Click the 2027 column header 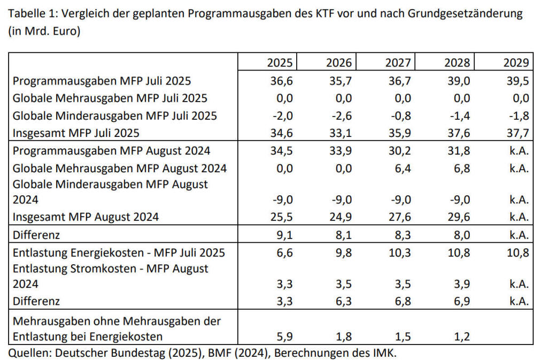pos(398,63)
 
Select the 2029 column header pos(516,63)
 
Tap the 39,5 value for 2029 pos(517,81)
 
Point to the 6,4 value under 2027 pos(400,168)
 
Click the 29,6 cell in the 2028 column pos(459,217)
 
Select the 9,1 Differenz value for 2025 pos(282,234)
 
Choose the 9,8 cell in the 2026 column pos(341,252)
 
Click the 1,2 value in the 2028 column pos(460,336)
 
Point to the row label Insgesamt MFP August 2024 pos(86,217)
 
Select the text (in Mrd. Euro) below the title pos(44,31)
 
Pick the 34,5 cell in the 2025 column pos(281,151)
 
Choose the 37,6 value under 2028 pos(459,132)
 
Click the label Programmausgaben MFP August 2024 pos(111,151)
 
